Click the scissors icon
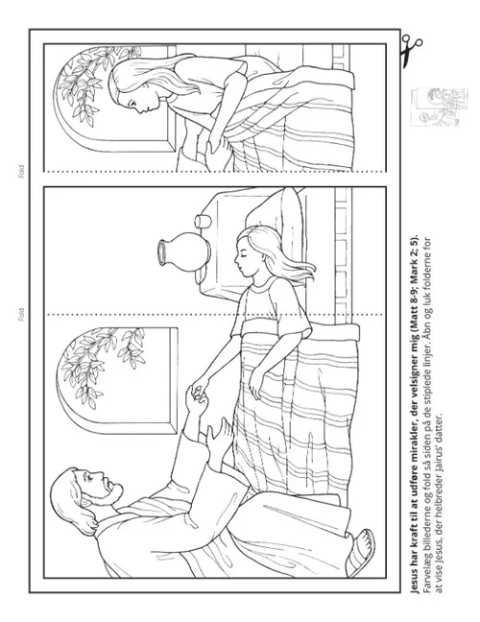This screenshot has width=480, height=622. [x=411, y=51]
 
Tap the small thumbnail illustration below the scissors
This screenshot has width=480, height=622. [x=439, y=108]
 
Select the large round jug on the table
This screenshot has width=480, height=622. [x=184, y=252]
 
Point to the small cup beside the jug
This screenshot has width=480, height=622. [x=203, y=221]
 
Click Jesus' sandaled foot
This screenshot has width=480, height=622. [x=360, y=553]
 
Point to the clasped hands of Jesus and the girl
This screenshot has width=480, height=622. [x=198, y=394]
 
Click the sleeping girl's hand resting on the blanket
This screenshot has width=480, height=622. [x=256, y=384]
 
